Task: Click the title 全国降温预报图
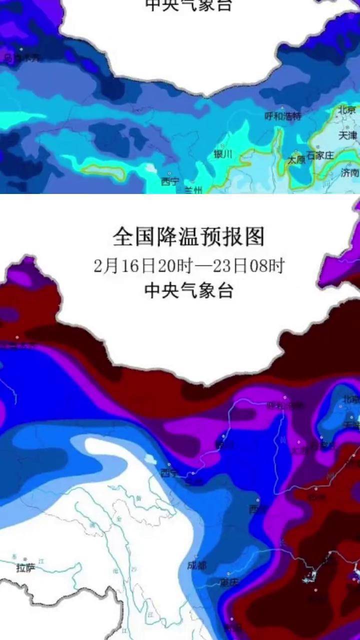click(188, 236)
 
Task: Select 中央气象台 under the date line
click(188, 290)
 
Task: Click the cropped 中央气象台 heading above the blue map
click(188, 5)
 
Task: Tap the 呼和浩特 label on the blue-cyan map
click(283, 116)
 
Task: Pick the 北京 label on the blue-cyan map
click(346, 109)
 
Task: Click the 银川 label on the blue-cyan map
click(223, 154)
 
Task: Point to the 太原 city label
click(296, 160)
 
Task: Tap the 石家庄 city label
click(320, 155)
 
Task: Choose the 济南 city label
click(350, 173)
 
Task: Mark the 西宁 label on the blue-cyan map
click(169, 182)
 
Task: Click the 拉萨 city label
click(26, 568)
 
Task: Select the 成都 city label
click(196, 565)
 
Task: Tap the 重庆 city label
click(229, 582)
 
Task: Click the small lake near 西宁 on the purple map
click(149, 458)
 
